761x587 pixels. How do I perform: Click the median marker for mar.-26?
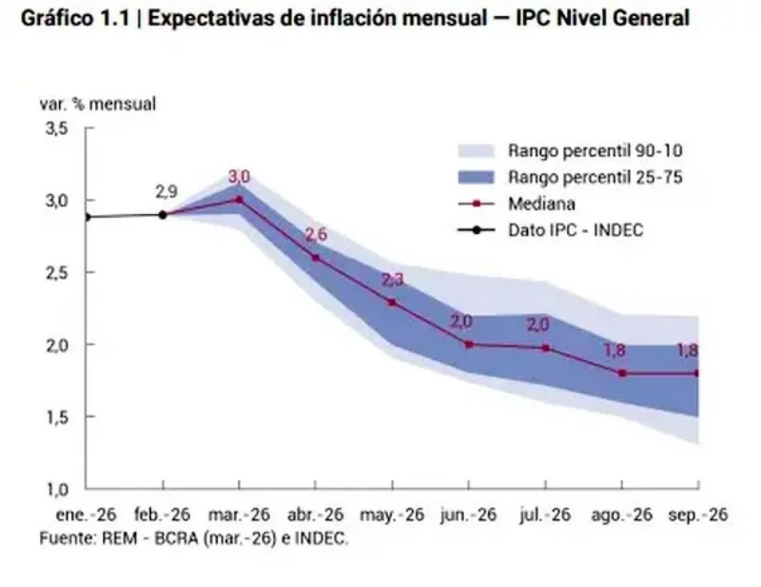coord(239,200)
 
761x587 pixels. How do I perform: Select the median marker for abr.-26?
coord(315,258)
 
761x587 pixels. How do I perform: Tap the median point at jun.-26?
coord(468,345)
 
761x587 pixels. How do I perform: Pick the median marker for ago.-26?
coord(621,374)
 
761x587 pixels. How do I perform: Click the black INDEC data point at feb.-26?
coord(163,215)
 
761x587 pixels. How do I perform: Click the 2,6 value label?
coord(316,235)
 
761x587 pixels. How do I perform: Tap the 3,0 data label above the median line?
coord(239,177)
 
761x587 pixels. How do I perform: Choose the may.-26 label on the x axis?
coord(392,515)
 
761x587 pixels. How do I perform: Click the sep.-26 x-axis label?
coord(698,515)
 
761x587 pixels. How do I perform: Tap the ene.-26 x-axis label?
coord(85,515)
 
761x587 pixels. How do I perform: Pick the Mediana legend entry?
coord(541,204)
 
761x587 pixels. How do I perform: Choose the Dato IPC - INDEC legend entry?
coord(575,230)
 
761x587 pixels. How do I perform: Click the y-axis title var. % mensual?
coord(97,104)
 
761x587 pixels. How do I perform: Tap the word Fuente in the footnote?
coord(65,538)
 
